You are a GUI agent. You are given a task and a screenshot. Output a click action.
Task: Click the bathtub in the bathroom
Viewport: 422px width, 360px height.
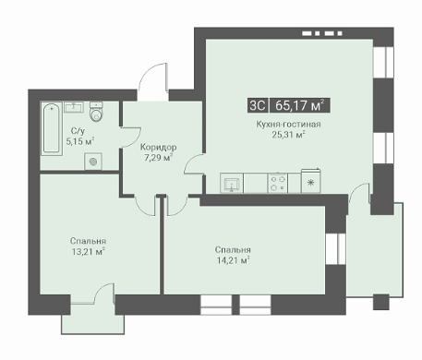(x=52, y=129)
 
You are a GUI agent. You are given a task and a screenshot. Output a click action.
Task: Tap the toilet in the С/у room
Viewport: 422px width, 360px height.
(x=96, y=112)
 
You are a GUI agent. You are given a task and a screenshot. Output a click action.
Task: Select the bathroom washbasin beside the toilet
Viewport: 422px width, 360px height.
(x=74, y=107)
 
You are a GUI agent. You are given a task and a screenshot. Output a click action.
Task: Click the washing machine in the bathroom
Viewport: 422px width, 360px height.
(x=93, y=162)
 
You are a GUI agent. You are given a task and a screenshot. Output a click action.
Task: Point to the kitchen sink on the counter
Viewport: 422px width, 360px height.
(x=232, y=183)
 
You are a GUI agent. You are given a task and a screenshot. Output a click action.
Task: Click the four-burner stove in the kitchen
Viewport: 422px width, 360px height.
(x=278, y=183)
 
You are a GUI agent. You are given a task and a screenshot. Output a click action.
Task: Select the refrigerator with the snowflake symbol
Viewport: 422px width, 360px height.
(x=311, y=181)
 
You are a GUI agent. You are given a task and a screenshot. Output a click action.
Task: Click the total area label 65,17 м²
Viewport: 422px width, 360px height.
(x=300, y=105)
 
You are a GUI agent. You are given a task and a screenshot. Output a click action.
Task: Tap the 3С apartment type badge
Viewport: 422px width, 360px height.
(x=258, y=105)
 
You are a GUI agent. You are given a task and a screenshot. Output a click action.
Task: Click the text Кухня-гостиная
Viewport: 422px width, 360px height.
(x=288, y=124)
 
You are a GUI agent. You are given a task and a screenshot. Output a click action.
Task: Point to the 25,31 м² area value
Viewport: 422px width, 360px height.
(x=288, y=135)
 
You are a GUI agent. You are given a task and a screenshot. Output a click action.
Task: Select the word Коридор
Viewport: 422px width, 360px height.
(x=159, y=147)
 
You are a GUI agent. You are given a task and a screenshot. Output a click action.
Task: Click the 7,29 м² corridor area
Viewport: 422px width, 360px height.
(x=158, y=158)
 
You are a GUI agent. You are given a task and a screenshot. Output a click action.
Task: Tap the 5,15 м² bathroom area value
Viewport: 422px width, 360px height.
(x=80, y=141)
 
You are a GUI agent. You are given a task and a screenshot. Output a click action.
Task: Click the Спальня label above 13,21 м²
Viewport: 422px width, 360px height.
(x=88, y=241)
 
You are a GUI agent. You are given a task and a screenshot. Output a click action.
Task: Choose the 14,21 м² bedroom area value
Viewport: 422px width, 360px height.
(x=233, y=260)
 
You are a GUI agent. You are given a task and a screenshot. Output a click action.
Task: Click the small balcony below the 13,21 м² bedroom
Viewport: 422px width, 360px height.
(x=93, y=318)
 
